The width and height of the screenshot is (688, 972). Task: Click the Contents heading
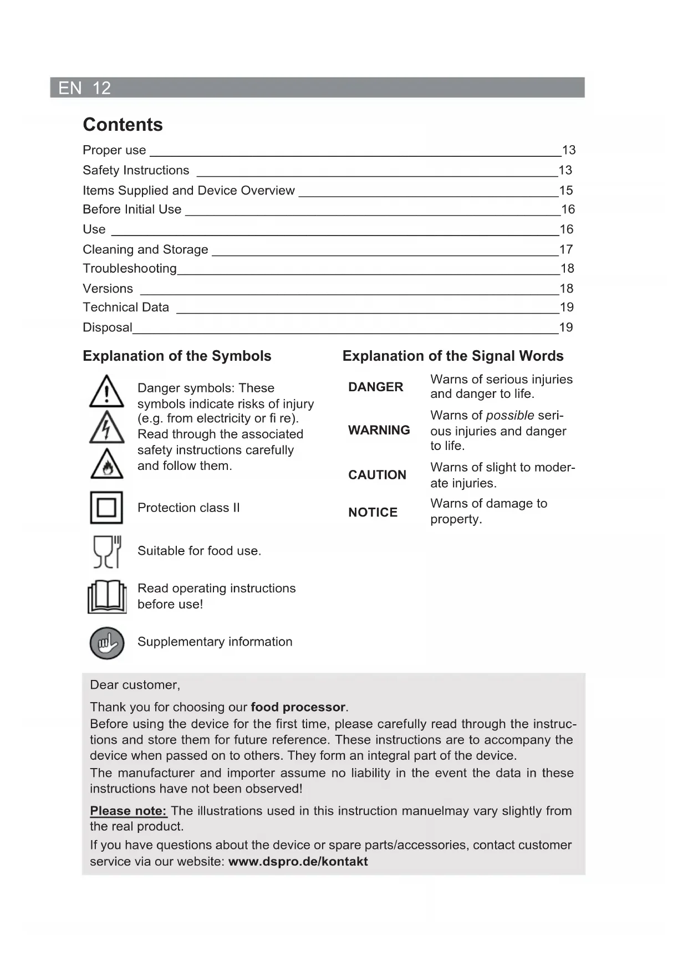[x=123, y=125]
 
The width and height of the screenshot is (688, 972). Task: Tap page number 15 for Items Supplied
[x=566, y=191]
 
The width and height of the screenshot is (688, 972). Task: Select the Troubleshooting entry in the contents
[x=130, y=269]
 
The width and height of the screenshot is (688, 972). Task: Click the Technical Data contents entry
[x=126, y=308]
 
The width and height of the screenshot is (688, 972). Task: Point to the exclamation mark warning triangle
[x=106, y=391]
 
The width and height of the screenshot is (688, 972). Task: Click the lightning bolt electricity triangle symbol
[x=106, y=428]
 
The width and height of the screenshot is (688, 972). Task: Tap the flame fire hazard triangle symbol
[x=106, y=464]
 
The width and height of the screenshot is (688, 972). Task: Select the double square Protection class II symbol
[x=106, y=508]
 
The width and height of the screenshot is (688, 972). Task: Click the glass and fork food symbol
[x=107, y=551]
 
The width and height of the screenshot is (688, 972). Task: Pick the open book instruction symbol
[x=107, y=597]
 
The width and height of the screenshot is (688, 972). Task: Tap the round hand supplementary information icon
[x=107, y=643]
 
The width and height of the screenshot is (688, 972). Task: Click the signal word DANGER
[x=375, y=387]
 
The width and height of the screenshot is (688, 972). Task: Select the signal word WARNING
[x=379, y=431]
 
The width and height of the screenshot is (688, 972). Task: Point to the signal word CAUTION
[x=377, y=475]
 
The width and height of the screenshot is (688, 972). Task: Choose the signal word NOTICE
[x=373, y=513]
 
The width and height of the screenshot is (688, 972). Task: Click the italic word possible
[x=510, y=416]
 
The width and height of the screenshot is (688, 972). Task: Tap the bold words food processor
[x=298, y=708]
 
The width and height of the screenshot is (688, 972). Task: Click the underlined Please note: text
[x=129, y=811]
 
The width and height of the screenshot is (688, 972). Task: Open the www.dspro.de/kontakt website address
[x=298, y=862]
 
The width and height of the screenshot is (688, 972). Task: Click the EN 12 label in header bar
[x=84, y=88]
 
